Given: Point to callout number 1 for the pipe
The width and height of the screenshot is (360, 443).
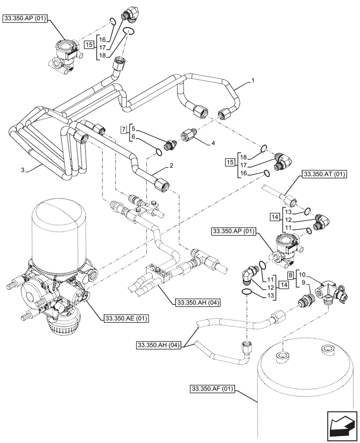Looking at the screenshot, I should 252,81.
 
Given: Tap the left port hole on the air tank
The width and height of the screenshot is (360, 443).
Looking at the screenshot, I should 282,355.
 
